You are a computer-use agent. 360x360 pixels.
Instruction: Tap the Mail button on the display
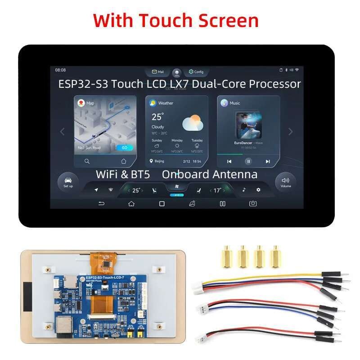tap(157, 72)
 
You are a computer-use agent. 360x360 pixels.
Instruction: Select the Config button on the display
tap(196, 72)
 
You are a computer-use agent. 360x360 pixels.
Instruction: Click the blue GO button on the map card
tap(124, 148)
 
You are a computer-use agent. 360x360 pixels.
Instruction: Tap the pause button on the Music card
tap(248, 161)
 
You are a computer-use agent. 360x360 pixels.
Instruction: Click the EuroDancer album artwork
tap(248, 126)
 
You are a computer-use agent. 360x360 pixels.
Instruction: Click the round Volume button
tap(285, 182)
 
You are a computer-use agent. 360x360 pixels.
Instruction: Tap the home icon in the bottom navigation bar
tap(131, 204)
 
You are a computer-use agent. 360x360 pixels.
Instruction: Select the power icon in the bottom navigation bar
tap(253, 204)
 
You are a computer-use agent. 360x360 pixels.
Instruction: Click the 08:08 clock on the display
tap(60, 70)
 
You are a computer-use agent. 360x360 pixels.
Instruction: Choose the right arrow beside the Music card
tap(290, 131)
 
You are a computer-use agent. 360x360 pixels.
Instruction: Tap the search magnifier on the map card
tap(87, 161)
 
